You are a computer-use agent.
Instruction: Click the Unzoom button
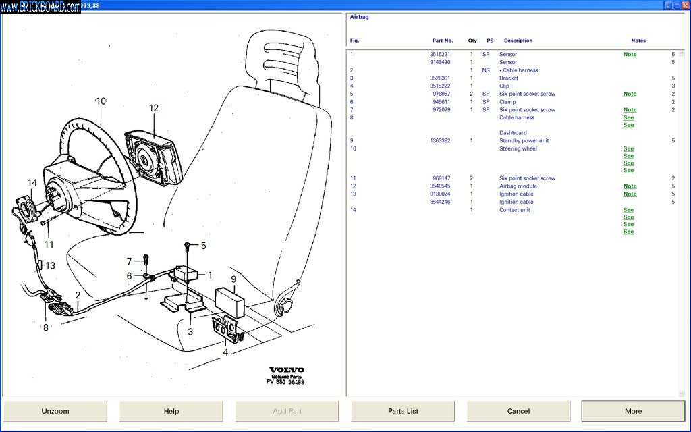55,411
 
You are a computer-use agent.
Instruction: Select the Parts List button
403,411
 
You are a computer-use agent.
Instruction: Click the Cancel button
518,411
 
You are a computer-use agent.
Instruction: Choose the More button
633,411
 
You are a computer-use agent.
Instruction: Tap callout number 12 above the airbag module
154,108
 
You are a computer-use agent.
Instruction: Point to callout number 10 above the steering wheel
101,101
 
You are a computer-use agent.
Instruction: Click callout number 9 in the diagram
233,279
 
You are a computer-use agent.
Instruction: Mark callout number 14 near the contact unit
32,183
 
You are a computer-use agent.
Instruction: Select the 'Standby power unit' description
524,141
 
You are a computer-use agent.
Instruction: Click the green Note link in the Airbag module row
630,186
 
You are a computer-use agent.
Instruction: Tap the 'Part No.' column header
443,40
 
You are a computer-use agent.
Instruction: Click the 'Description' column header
518,40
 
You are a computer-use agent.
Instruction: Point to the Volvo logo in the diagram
287,370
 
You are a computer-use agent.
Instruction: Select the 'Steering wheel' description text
518,148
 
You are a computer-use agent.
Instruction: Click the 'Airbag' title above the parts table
359,17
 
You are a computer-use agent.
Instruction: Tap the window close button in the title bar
684,5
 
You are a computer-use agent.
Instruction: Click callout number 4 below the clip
225,352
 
